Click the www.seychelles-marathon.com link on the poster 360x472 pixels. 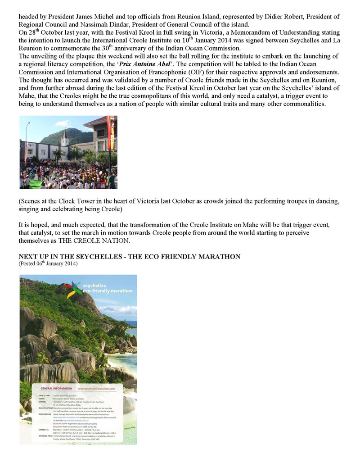click(100, 388)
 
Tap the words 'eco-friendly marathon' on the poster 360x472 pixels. click(108, 291)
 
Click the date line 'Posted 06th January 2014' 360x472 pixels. click(48, 263)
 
